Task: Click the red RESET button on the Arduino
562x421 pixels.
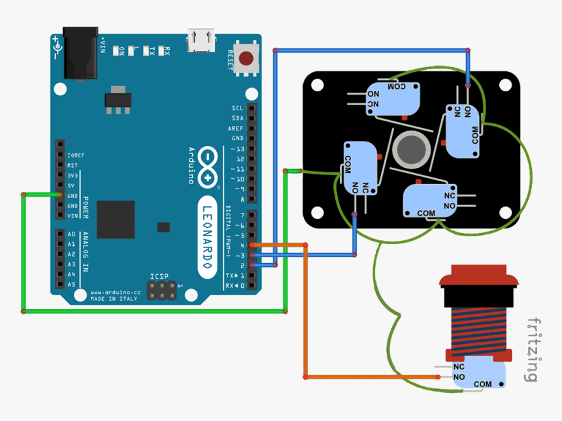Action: coord(246,59)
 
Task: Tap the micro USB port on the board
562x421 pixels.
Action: coord(201,41)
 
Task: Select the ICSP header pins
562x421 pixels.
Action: coord(160,291)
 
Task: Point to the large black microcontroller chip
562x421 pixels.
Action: coord(116,219)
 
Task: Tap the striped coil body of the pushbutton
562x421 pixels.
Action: coord(479,330)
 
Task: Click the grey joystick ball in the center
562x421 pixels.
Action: coord(413,148)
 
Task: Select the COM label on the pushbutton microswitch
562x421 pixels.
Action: coord(483,384)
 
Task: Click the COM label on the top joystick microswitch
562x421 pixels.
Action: coord(397,86)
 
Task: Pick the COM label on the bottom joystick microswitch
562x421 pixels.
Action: coord(426,213)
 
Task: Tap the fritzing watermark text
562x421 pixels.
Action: coord(533,350)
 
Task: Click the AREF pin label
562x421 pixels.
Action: coord(236,129)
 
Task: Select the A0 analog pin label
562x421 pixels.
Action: coord(71,234)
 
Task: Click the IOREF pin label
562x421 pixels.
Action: coord(76,155)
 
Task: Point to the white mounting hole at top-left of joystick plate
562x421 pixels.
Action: coord(318,86)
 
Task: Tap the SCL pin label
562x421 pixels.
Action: coord(237,108)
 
